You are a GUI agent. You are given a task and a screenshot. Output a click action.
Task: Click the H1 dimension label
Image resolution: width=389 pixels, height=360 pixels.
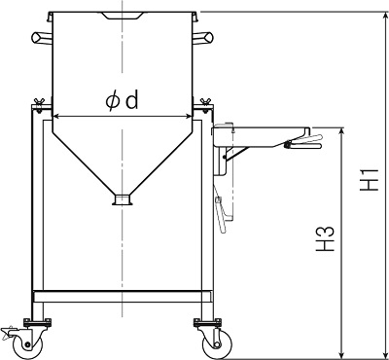370,179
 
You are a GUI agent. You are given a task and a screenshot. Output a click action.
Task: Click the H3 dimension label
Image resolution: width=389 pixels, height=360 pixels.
325,238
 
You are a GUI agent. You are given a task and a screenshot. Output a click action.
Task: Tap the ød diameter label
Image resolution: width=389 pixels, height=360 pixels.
123,100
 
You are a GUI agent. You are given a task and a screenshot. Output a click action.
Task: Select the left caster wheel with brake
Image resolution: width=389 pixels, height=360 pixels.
27,345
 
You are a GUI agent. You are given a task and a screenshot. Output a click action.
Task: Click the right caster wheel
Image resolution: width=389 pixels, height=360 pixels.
217,345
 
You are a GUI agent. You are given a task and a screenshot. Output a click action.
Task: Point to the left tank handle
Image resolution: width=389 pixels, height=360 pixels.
42,38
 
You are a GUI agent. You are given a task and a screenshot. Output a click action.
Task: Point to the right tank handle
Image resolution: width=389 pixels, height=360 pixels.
202,38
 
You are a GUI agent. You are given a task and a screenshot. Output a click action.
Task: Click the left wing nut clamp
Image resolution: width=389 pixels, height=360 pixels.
39,104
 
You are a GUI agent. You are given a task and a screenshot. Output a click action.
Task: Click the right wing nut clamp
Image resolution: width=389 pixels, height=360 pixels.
205,104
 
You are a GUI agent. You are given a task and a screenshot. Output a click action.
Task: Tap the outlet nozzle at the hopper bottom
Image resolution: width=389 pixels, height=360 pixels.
123,199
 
